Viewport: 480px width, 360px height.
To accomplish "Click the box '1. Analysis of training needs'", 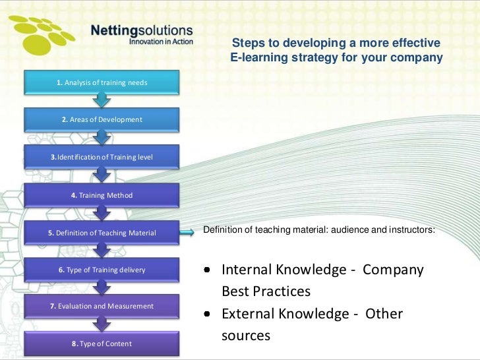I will click(x=102, y=82).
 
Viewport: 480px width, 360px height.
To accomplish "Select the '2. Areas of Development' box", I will click(x=102, y=119).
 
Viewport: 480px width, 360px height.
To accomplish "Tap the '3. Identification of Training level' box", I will click(x=102, y=156).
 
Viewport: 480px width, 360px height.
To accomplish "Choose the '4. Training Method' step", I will click(x=102, y=195).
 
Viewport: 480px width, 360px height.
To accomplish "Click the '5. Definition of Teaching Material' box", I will click(x=102, y=232).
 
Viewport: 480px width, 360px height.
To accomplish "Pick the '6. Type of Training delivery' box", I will click(x=102, y=269).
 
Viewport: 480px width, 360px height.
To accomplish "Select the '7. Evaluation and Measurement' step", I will click(x=102, y=306).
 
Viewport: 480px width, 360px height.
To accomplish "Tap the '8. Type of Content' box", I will click(x=102, y=343).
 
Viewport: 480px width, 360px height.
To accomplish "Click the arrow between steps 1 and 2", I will click(x=102, y=100).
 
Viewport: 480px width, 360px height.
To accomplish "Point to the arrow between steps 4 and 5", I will click(x=102, y=213).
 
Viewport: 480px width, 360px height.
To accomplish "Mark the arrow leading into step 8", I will click(x=102, y=324).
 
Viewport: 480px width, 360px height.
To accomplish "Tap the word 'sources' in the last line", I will click(x=245, y=335).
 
